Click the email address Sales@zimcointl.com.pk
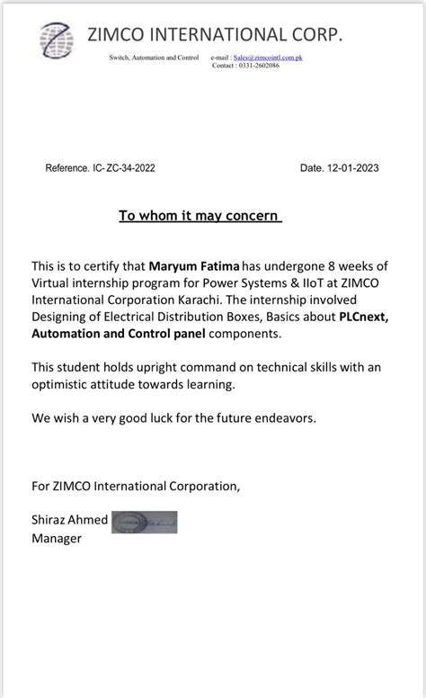click(268, 57)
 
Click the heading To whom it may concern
click(200, 216)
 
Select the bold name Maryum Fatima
click(189, 267)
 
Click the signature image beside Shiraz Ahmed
click(144, 522)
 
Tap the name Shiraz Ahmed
click(69, 521)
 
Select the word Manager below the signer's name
click(57, 538)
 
